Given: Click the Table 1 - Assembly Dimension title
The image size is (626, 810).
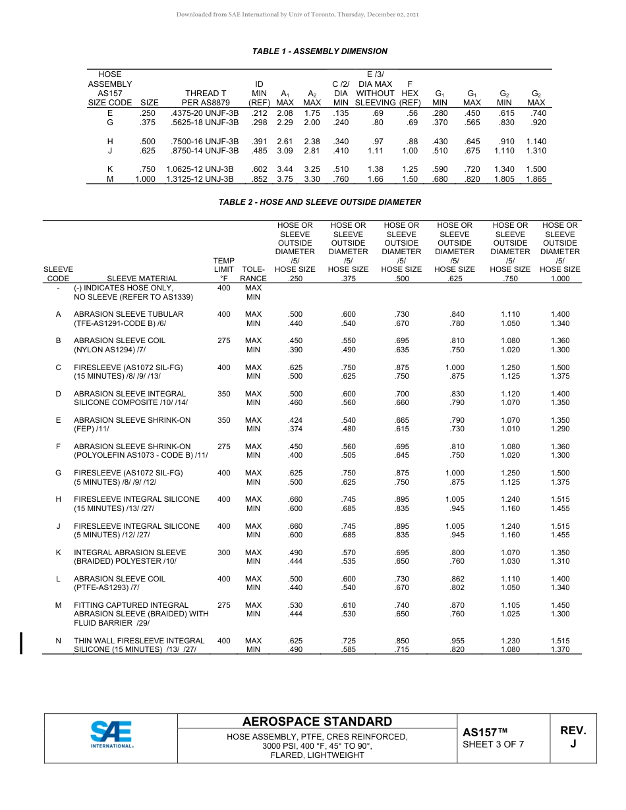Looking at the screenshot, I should pyautogui.click(x=320, y=51).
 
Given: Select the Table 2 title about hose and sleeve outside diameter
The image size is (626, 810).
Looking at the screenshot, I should pyautogui.click(x=320, y=202).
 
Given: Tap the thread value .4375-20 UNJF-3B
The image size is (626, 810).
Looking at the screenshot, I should pyautogui.click(x=204, y=113).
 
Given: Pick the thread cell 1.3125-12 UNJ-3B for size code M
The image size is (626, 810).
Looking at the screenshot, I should pyautogui.click(x=200, y=178).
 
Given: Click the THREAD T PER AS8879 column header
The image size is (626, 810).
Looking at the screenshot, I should pyautogui.click(x=206, y=98).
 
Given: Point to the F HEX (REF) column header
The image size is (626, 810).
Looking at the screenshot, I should pyautogui.click(x=410, y=94).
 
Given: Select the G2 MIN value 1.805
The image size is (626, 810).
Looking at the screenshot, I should pyautogui.click(x=504, y=178).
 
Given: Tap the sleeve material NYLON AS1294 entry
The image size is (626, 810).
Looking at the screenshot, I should pyautogui.click(x=110, y=350).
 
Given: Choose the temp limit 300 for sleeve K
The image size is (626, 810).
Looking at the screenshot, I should pyautogui.click(x=224, y=553).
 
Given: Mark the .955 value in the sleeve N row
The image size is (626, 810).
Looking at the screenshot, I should pyautogui.click(x=455, y=641).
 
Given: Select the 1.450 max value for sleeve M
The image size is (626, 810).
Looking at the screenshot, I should pyautogui.click(x=560, y=605).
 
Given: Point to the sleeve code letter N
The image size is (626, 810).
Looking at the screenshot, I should pyautogui.click(x=58, y=641).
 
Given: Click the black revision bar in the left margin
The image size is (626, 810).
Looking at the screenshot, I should pyautogui.click(x=22, y=643).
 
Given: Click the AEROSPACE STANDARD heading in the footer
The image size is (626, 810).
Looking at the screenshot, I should pyautogui.click(x=317, y=722).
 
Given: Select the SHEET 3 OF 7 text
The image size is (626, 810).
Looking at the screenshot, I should pyautogui.click(x=494, y=745).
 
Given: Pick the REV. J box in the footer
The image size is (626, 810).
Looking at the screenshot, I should pyautogui.click(x=573, y=738).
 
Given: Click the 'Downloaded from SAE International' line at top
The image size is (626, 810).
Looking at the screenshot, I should pyautogui.click(x=297, y=14).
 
